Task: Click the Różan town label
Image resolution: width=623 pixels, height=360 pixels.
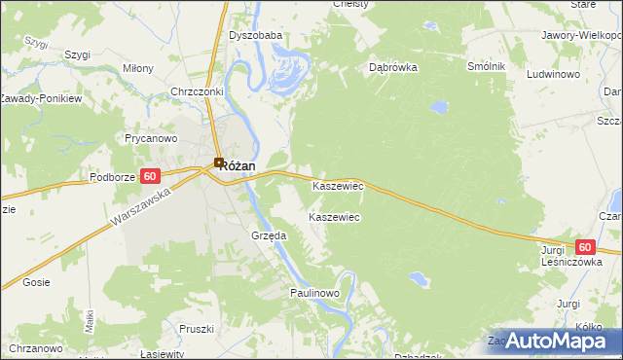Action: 238,166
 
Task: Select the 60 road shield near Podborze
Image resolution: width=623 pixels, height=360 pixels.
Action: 149,176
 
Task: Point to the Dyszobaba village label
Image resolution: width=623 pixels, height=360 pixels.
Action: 255,36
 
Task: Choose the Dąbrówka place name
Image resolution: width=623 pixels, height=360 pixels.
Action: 393,68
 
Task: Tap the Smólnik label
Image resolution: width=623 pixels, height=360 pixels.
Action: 486,66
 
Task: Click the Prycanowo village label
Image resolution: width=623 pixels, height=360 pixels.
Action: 150,139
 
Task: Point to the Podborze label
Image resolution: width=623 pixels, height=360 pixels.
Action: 111,177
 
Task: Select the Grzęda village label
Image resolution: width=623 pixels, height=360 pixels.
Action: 269,235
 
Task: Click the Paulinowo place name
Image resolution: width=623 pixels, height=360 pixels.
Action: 313,293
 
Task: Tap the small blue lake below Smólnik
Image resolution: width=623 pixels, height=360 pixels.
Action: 440,104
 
